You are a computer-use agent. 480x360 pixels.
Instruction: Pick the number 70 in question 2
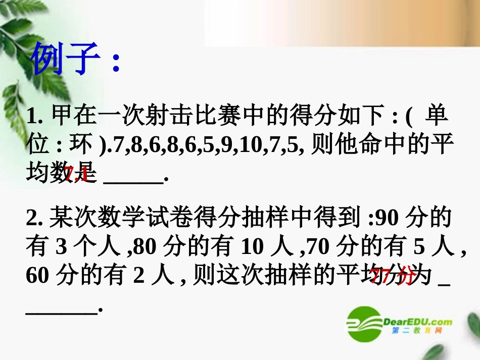coord(318,247)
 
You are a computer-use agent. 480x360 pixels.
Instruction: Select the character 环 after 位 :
coord(79,146)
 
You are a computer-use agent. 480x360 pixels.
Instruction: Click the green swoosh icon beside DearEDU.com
coord(363,323)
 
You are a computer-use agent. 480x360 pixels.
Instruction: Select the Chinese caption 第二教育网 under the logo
coord(417,331)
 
